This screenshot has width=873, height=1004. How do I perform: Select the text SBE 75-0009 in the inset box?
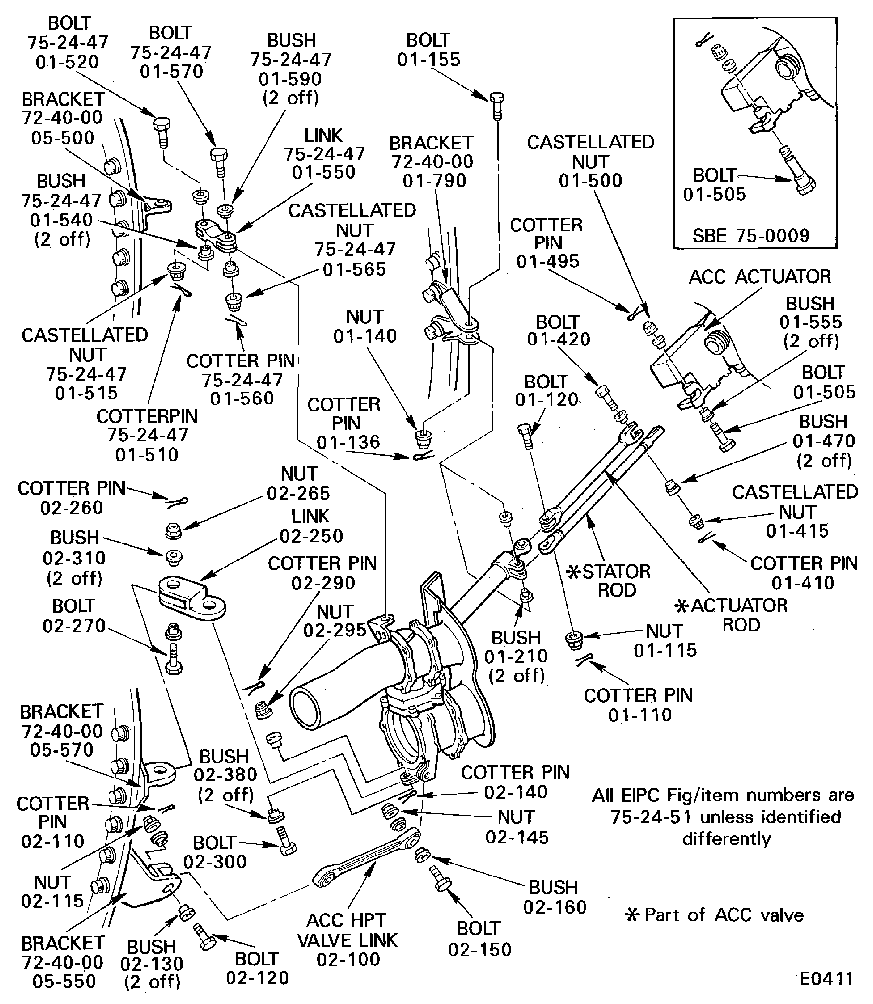[751, 236]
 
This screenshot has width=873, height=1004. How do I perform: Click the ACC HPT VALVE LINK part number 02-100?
[348, 959]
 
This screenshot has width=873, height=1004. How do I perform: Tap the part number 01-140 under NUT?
[365, 336]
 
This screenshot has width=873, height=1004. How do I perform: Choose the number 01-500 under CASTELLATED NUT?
[590, 181]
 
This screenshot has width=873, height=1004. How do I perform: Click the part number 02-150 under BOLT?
[480, 950]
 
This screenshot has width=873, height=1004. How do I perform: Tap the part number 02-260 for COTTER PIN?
[71, 508]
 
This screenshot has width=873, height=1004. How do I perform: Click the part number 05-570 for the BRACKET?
[62, 750]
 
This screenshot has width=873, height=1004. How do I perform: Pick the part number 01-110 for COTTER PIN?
[640, 715]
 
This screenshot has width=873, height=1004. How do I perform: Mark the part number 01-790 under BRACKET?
[434, 181]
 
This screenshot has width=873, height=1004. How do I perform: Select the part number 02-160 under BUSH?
[555, 907]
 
